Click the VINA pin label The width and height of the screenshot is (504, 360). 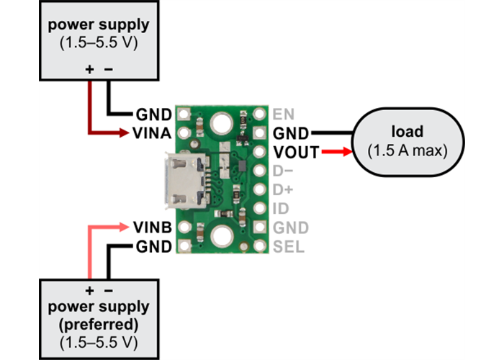coord(153,133)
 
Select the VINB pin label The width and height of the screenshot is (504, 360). coord(153,227)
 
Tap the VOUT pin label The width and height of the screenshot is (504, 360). coord(292,152)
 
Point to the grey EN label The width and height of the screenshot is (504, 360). coord(282,114)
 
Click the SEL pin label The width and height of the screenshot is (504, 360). coord(288,247)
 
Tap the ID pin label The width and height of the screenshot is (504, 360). coord(281,209)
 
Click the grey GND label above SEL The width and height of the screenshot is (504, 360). coord(289,228)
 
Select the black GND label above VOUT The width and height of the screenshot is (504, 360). coord(290,133)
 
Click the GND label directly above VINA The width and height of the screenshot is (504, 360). coord(153,114)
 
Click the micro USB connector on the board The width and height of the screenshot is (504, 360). coord(185,180)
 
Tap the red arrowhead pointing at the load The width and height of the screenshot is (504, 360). coord(346,152)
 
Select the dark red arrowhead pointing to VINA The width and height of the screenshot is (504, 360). coord(127,133)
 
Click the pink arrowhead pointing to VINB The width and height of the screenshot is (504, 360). coord(127,227)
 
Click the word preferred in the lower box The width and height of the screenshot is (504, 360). coord(99,322)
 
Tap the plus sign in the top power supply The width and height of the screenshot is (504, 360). coord(90,70)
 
